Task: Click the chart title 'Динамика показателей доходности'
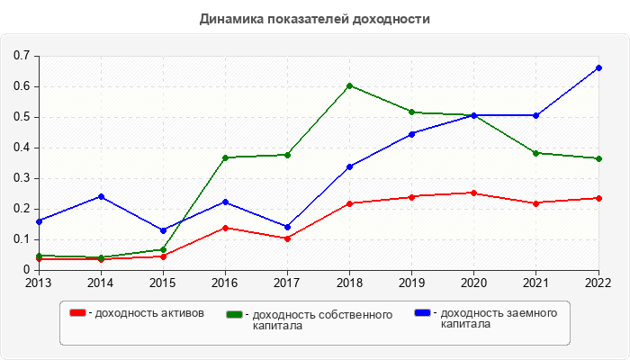[x=314, y=18]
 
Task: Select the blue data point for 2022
[x=598, y=67]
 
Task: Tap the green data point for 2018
[x=349, y=85]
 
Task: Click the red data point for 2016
[x=225, y=228]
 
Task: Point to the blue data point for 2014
[x=101, y=196]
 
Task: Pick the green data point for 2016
[x=225, y=157]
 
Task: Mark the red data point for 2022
[x=598, y=198]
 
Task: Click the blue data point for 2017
[x=287, y=227]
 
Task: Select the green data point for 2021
[x=536, y=153]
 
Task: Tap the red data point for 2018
[x=349, y=203]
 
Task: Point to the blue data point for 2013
[x=39, y=220]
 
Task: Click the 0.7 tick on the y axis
[x=22, y=56]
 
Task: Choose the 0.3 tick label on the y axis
[x=22, y=178]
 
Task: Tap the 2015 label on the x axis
[x=163, y=283]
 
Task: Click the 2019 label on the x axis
[x=411, y=283]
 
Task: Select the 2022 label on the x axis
[x=598, y=283]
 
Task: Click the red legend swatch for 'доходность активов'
[x=78, y=313]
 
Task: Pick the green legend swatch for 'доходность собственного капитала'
[x=236, y=314]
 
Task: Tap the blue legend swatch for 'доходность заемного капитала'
[x=423, y=313]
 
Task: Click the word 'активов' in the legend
[x=184, y=313]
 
